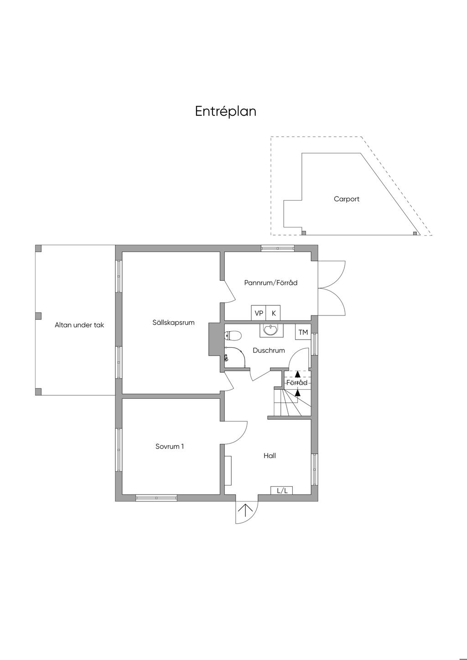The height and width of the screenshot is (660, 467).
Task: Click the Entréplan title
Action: coord(226,111)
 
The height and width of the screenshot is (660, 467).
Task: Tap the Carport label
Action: coord(347,199)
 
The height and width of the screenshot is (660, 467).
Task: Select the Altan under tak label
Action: coord(79,325)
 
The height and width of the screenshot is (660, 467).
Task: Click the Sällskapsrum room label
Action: coord(173,322)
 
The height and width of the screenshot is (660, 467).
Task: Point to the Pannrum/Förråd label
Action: coord(270,283)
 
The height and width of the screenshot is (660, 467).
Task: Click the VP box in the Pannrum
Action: coord(259,313)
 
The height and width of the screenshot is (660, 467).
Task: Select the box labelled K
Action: coord(274,313)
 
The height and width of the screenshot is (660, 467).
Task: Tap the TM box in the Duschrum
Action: coord(303,332)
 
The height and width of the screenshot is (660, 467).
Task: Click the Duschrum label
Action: coord(269,351)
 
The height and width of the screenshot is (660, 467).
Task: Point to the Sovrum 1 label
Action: coord(170,446)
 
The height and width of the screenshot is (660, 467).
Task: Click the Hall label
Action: coord(270,455)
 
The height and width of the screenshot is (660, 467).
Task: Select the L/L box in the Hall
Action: coord(282,490)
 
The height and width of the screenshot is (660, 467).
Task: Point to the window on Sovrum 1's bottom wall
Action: coord(156,498)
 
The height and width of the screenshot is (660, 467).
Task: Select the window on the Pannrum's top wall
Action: coord(278,248)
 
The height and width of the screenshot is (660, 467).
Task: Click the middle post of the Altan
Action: coord(38,316)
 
